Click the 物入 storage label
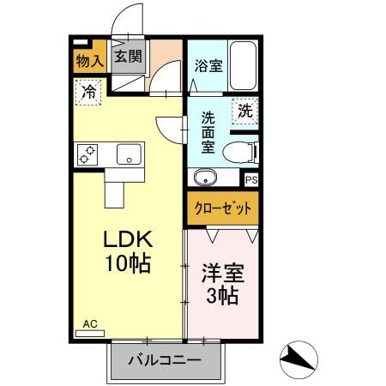(x=89, y=60)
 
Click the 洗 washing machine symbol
(x=245, y=110)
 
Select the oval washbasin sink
(x=206, y=178)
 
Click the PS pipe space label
(x=252, y=179)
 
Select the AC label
(x=91, y=323)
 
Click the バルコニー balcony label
(x=165, y=360)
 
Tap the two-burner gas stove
(x=87, y=154)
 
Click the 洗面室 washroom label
(x=208, y=132)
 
